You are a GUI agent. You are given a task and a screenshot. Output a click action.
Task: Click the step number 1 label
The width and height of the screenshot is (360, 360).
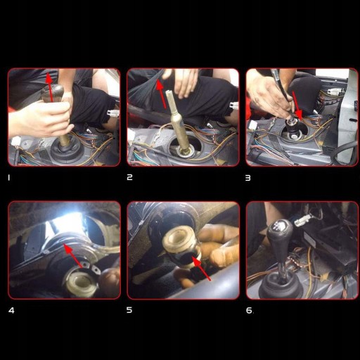pyautogui.click(x=9, y=178)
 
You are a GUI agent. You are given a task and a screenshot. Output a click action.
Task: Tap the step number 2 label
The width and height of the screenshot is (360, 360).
pyautogui.click(x=129, y=177)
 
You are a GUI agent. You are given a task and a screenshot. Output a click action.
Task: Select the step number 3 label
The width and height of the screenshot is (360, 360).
pyautogui.click(x=248, y=178)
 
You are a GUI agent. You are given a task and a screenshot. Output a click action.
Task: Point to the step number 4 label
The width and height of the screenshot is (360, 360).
pyautogui.click(x=11, y=311)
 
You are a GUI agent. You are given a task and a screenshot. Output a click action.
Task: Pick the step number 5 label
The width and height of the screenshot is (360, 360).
pyautogui.click(x=129, y=310)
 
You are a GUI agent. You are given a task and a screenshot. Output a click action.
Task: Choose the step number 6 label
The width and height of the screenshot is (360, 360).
pyautogui.click(x=249, y=310)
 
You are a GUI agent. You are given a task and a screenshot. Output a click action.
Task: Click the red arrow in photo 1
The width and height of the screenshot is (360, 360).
pyautogui.click(x=50, y=87)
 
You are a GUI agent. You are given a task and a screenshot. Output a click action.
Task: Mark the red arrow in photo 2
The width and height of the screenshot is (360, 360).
pyautogui.click(x=162, y=94)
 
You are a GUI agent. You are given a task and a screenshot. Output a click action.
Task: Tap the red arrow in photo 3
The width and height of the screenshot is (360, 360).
pyautogui.click(x=297, y=106)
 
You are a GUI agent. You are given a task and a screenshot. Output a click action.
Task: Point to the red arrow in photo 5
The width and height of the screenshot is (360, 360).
pyautogui.click(x=201, y=269)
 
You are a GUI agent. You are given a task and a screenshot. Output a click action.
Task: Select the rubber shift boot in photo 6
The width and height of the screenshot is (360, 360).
pyautogui.click(x=279, y=285)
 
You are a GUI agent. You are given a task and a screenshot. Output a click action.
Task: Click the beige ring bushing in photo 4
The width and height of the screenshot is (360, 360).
pyautogui.click(x=81, y=283)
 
